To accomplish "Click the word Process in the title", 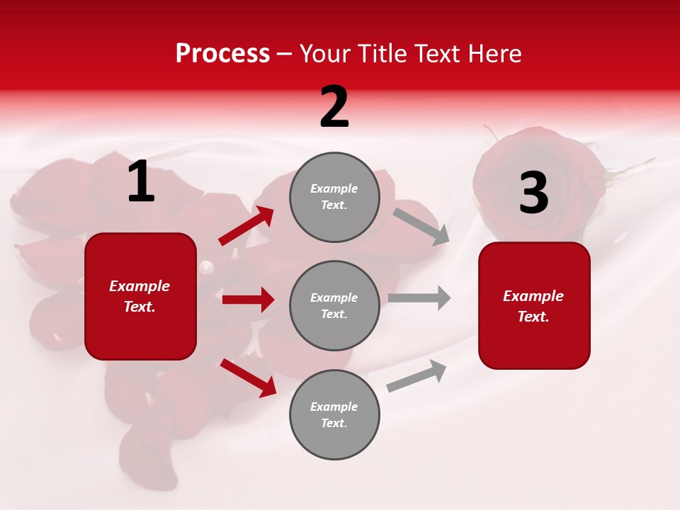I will [x=222, y=54].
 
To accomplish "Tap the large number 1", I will [x=141, y=182].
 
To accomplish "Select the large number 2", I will [x=334, y=107].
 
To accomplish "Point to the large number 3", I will [x=533, y=193].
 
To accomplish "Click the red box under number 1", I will [x=140, y=296].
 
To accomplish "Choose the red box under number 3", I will [x=534, y=305].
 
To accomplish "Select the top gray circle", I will [x=334, y=197].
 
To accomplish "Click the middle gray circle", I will [x=334, y=305].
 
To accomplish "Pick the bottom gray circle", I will [x=334, y=414].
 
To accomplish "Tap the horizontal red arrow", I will [x=248, y=300].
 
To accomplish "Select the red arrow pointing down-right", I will [x=249, y=378].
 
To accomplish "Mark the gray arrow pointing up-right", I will [x=416, y=376].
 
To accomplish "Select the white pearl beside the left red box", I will [x=206, y=268].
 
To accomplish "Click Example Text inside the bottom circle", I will [x=334, y=414].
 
